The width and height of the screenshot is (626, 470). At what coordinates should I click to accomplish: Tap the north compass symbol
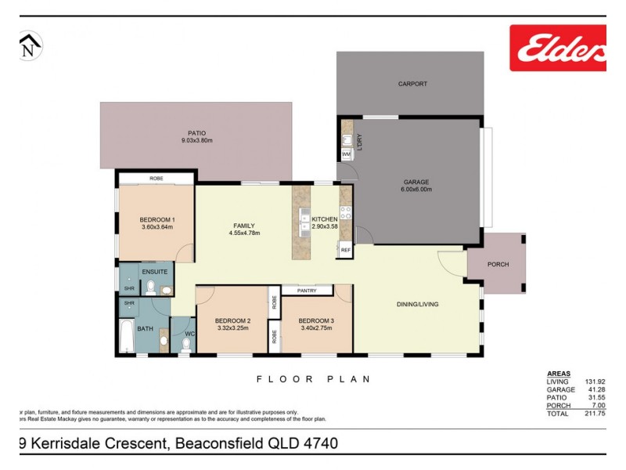pyautogui.click(x=29, y=46)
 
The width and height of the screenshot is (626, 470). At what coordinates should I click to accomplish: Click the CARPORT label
pyautogui.click(x=412, y=84)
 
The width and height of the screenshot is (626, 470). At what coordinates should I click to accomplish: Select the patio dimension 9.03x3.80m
pyautogui.click(x=197, y=141)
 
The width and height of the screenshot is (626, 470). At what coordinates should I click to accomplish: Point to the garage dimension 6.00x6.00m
pyautogui.click(x=416, y=190)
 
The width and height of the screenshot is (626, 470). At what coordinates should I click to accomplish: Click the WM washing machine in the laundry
pyautogui.click(x=347, y=155)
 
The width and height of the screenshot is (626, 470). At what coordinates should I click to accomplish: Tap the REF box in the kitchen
pyautogui.click(x=346, y=250)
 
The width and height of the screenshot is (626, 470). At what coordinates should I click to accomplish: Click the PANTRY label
pyautogui.click(x=306, y=291)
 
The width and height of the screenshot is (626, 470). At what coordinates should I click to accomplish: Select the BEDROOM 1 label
pyautogui.click(x=157, y=219)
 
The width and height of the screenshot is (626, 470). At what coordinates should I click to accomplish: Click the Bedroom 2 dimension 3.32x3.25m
pyautogui.click(x=232, y=328)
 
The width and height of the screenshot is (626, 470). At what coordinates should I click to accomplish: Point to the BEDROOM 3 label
pyautogui.click(x=316, y=320)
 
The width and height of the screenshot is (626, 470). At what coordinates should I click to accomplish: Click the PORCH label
pyautogui.click(x=498, y=265)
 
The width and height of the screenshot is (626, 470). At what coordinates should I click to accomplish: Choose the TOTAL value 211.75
pyautogui.click(x=595, y=413)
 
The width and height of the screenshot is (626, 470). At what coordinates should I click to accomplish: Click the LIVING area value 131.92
pyautogui.click(x=595, y=381)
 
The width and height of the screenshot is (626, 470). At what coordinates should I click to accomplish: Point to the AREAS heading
pyautogui.click(x=559, y=374)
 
